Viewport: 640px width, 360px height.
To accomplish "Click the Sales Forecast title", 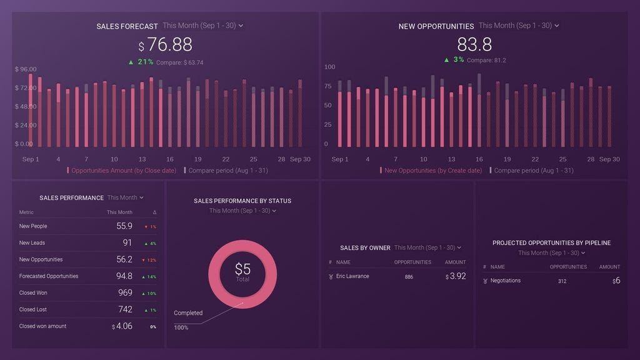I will (x=127, y=26).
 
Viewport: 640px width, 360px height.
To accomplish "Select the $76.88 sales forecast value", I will (x=166, y=45).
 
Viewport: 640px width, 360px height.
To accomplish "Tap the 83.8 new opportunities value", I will (x=474, y=45).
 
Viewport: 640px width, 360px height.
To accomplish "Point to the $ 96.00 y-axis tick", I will (x=26, y=69).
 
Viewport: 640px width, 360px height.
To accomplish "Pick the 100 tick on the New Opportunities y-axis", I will (x=329, y=67).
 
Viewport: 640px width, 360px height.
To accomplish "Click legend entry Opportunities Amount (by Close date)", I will (x=123, y=171).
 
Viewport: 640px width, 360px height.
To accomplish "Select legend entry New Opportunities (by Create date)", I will (x=432, y=171).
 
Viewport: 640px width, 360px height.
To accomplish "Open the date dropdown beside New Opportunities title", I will (x=519, y=26).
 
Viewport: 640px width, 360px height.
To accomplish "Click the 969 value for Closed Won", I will (x=125, y=292).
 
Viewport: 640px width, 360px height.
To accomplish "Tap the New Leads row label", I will (x=32, y=243).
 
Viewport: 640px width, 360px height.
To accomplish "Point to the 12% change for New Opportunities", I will (x=151, y=260).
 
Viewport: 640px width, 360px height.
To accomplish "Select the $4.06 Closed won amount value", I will (x=122, y=326).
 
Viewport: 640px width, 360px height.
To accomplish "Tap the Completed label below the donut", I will (x=188, y=313).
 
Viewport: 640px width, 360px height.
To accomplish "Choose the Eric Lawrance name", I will (x=352, y=276).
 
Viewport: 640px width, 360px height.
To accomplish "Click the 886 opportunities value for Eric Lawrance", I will (x=409, y=277).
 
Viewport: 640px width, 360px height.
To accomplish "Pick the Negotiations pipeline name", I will (x=505, y=281).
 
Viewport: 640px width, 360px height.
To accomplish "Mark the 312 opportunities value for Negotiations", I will (x=562, y=281).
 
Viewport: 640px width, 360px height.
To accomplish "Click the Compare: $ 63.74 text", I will (x=179, y=62).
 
